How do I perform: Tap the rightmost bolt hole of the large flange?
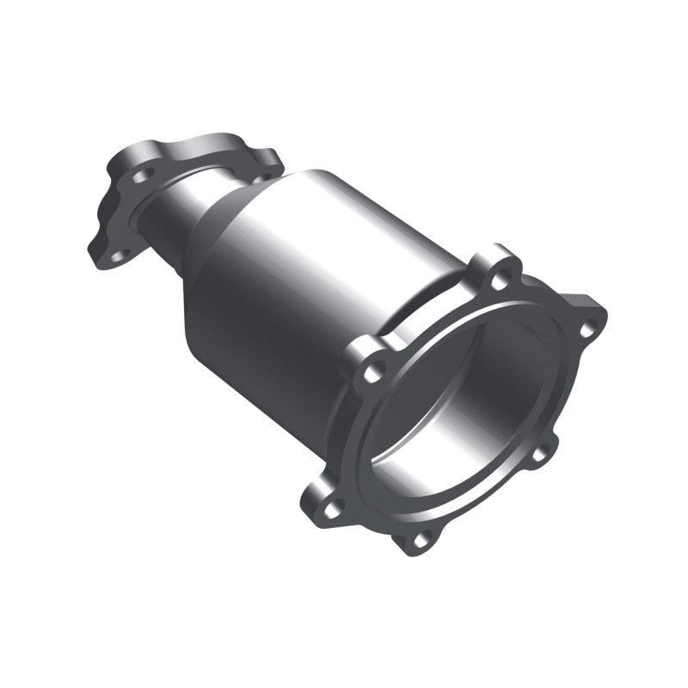[x=587, y=328]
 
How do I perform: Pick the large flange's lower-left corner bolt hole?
[x=338, y=505]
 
